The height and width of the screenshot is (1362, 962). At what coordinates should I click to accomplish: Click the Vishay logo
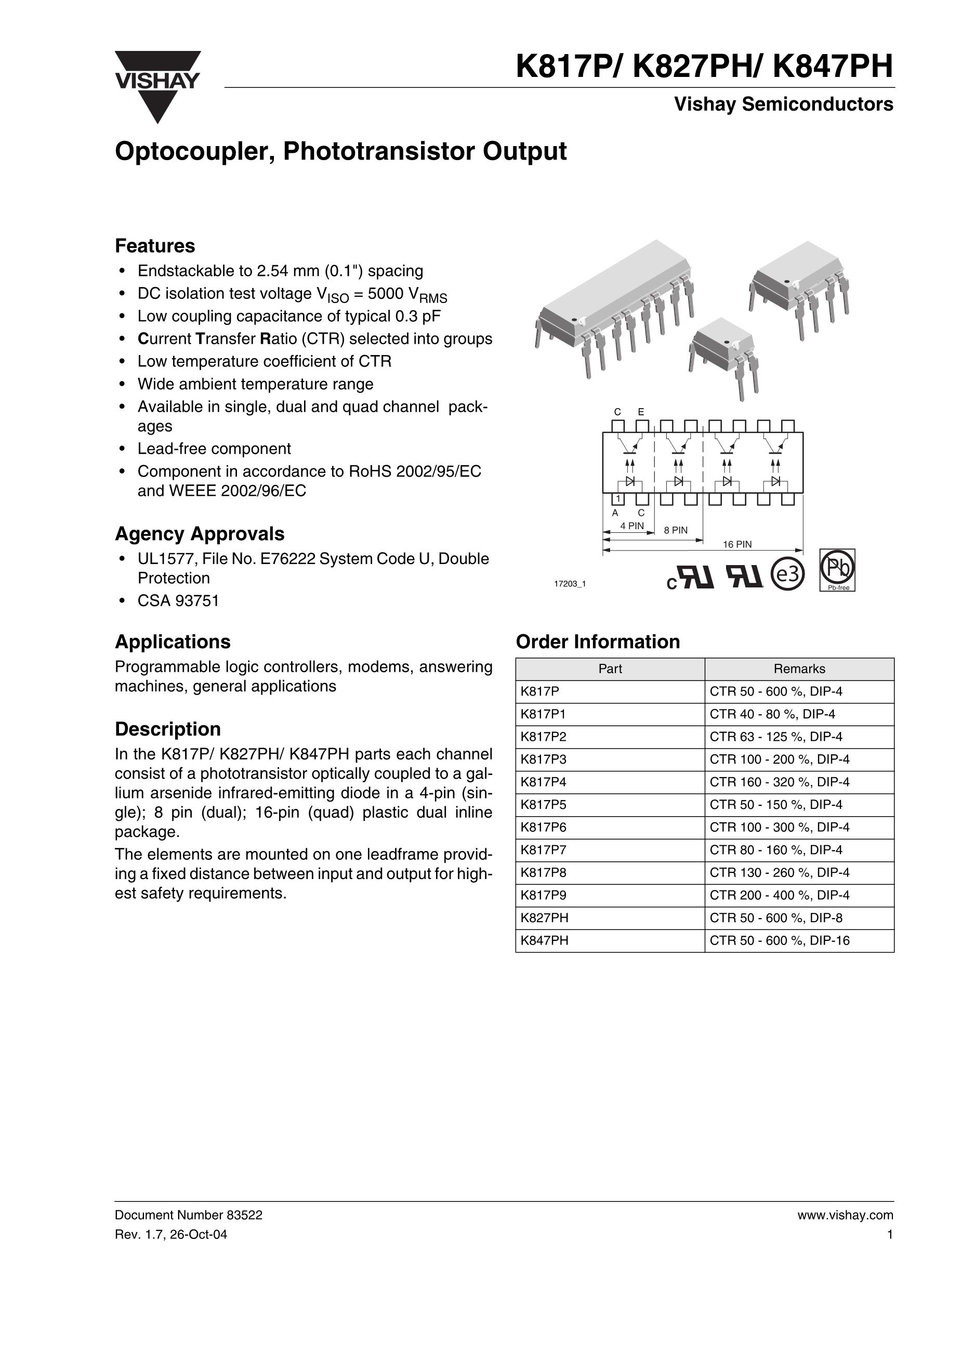tap(157, 86)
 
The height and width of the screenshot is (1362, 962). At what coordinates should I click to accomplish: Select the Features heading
tap(155, 245)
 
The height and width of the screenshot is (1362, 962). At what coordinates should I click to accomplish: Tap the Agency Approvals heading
tap(199, 534)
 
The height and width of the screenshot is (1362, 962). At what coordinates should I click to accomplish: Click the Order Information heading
tap(598, 642)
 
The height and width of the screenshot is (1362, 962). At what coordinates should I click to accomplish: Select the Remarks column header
tap(799, 669)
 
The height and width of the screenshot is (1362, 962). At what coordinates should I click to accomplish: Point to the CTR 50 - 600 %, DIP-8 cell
tap(776, 918)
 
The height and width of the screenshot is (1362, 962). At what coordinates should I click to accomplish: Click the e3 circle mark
tap(787, 573)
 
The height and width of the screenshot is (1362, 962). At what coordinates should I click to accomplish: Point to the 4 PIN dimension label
tap(631, 526)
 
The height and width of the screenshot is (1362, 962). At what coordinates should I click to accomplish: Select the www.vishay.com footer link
tap(845, 1215)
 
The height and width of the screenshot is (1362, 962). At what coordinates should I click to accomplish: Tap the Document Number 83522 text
tap(189, 1215)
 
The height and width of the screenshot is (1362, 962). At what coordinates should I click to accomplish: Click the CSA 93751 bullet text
tap(178, 601)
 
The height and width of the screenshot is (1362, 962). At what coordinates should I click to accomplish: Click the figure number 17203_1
tap(570, 584)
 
